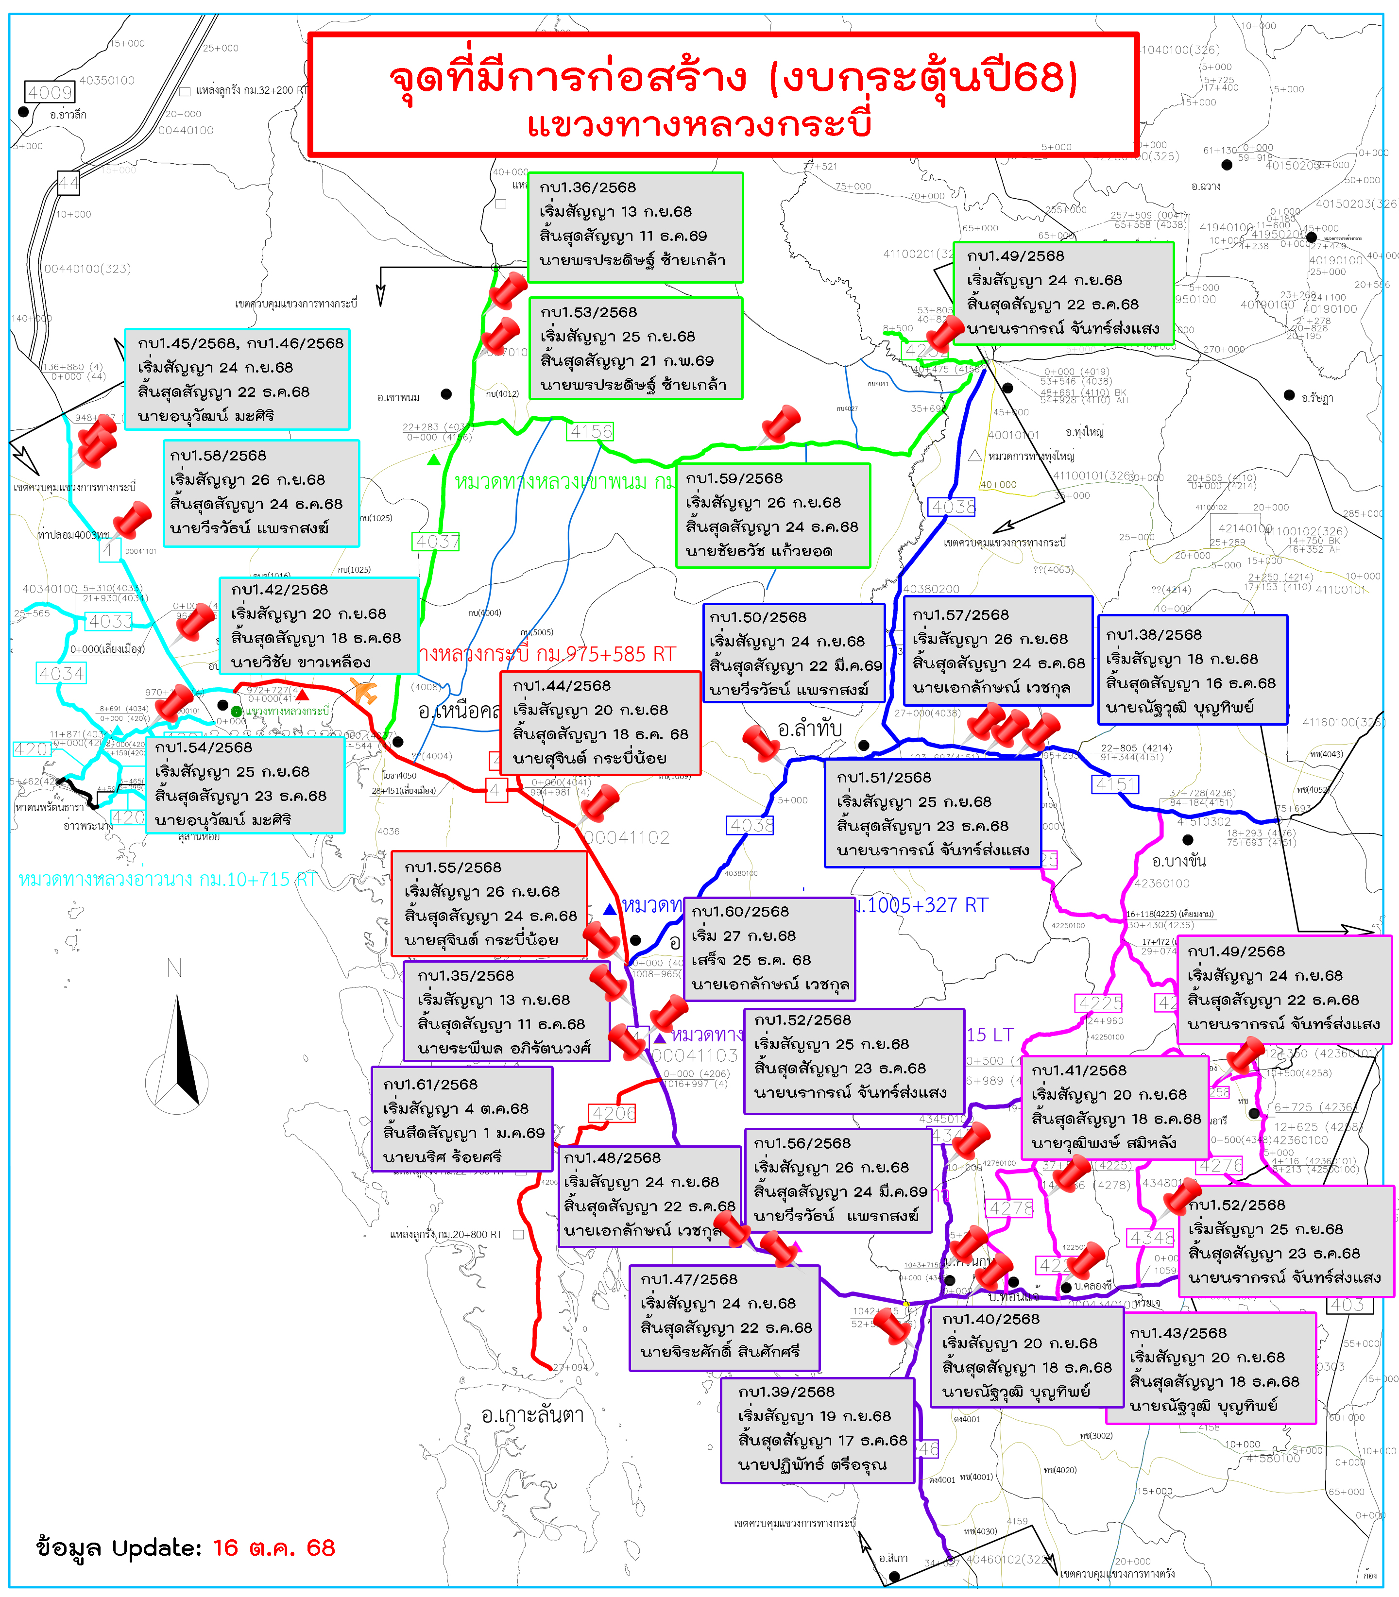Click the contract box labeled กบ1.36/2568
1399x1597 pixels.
635,227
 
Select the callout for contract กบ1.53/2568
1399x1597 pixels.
635,348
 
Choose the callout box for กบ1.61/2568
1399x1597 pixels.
462,1119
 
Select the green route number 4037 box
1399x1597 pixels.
436,542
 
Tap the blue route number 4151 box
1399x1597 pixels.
1116,783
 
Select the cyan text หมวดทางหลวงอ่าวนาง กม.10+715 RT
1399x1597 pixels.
167,880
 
